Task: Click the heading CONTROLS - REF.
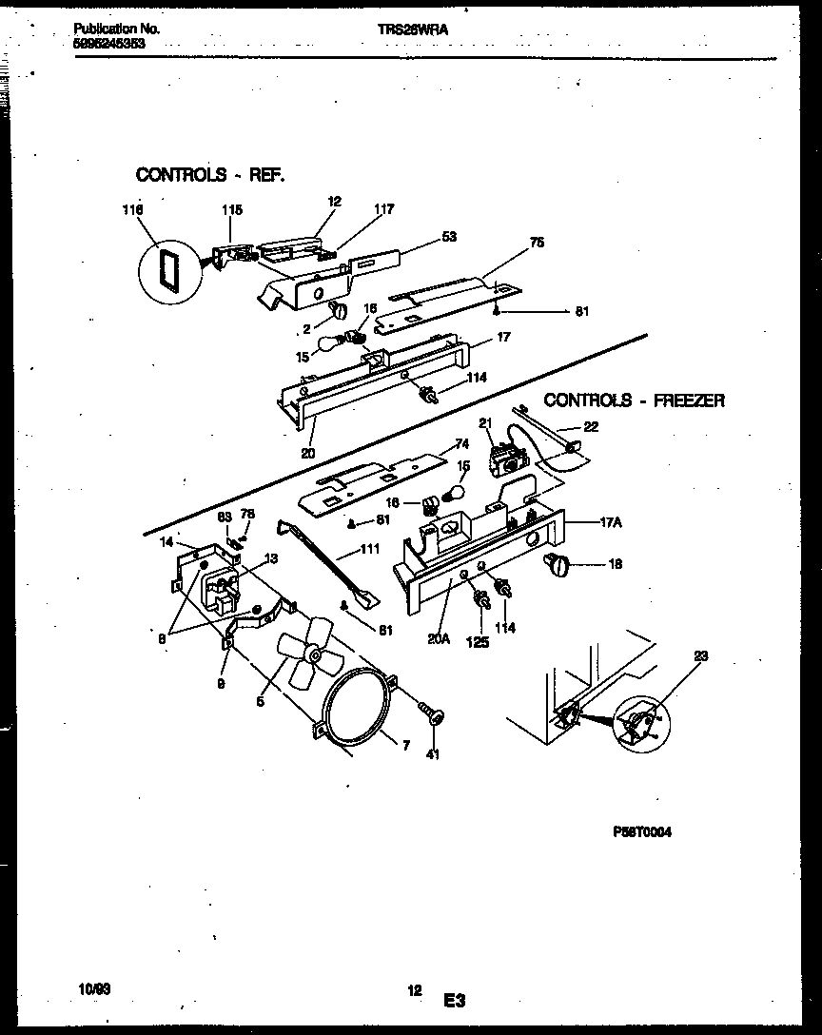(210, 174)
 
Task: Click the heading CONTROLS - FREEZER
(634, 400)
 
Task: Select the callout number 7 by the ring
(405, 747)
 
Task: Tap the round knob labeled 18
(557, 566)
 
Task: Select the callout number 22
(591, 427)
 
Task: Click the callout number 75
(537, 243)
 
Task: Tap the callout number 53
(448, 236)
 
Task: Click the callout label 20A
(438, 640)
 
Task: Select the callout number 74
(462, 443)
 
